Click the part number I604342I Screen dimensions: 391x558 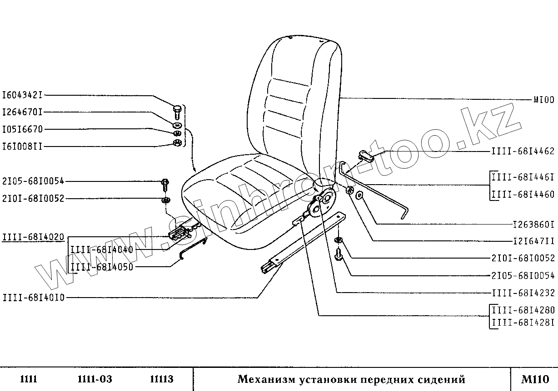tap(22, 96)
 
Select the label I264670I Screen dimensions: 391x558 tap(22, 112)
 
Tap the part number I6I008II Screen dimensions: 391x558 tap(22, 146)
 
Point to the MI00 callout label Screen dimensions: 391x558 tap(544, 100)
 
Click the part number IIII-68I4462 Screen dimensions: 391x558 tap(523, 151)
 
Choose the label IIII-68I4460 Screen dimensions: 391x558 tap(523, 195)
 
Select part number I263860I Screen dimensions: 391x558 tap(533, 225)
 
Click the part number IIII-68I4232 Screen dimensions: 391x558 tap(523, 293)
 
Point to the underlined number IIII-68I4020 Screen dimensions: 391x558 tap(33, 237)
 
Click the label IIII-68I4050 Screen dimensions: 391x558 tap(102, 267)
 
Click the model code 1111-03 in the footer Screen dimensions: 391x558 tap(95, 379)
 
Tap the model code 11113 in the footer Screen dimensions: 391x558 tap(162, 379)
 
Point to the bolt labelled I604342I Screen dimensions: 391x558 tap(177, 111)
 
